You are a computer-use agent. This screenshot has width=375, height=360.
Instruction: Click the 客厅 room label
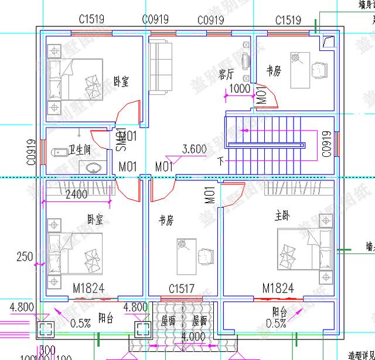click(x=226, y=74)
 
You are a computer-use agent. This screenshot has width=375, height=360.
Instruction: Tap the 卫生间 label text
click(x=80, y=150)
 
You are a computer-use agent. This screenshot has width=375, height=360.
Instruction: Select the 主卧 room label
click(x=282, y=215)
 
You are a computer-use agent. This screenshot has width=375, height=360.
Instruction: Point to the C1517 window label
click(x=182, y=289)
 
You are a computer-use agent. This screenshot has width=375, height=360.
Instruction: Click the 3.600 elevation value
click(x=194, y=149)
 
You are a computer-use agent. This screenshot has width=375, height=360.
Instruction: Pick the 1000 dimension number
click(x=239, y=89)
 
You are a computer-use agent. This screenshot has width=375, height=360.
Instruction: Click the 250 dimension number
click(x=23, y=256)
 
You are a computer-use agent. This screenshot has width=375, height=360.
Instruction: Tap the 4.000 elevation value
click(x=193, y=337)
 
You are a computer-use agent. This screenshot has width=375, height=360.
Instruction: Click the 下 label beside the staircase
click(x=220, y=159)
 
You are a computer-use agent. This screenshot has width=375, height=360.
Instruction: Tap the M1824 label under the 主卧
click(x=278, y=288)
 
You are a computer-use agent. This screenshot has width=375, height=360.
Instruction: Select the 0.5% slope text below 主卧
click(x=276, y=323)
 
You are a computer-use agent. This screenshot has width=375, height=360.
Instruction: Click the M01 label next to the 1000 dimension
click(x=261, y=97)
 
